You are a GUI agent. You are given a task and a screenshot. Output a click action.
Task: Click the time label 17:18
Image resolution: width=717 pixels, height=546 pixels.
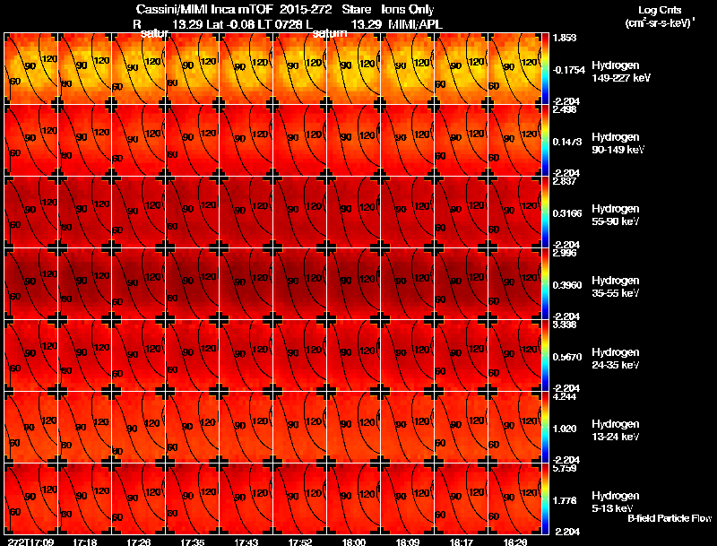[x=85, y=542]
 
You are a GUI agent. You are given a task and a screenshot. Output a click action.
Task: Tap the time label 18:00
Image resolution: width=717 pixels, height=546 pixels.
[x=354, y=542]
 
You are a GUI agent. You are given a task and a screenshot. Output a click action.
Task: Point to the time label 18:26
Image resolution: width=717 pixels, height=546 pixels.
[x=515, y=542]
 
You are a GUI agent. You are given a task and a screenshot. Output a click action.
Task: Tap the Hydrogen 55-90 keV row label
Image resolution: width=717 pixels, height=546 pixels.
[x=620, y=213]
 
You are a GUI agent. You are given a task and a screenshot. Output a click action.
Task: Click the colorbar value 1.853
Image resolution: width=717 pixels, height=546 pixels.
[x=564, y=37]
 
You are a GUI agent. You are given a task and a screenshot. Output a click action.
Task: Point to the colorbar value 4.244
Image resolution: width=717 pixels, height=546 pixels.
[x=564, y=395]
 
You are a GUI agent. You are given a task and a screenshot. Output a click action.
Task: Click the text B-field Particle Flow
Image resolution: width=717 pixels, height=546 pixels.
[x=669, y=518]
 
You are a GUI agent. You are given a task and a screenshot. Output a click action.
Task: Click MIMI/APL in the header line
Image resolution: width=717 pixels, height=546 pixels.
[x=414, y=23]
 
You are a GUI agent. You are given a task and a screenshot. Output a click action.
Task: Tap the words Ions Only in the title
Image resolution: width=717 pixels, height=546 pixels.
[x=410, y=9]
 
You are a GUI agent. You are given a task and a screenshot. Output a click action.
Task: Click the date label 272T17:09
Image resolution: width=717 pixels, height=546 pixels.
[x=30, y=542]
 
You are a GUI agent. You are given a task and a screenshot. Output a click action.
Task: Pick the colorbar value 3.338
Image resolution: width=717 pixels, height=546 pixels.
[x=564, y=324]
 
